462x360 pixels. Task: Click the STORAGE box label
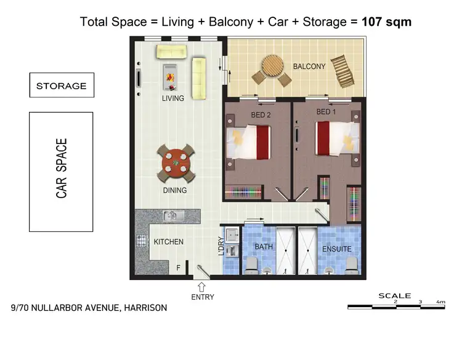pyautogui.click(x=61, y=86)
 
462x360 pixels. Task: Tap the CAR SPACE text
pyautogui.click(x=62, y=168)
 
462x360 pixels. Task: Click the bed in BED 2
pyautogui.click(x=249, y=142)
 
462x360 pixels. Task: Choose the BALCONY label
pyautogui.click(x=309, y=66)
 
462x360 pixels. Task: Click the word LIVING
pyautogui.click(x=172, y=98)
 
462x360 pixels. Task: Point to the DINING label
pyautogui.click(x=175, y=190)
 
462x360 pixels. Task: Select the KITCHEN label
pyautogui.click(x=168, y=242)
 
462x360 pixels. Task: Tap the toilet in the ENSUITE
pyautogui.click(x=352, y=265)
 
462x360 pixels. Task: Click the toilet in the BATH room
pyautogui.click(x=251, y=265)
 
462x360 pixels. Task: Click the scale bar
pyautogui.click(x=395, y=306)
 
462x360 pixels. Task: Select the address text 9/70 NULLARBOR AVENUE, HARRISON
pyautogui.click(x=89, y=307)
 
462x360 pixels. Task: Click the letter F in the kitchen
pyautogui.click(x=179, y=268)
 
